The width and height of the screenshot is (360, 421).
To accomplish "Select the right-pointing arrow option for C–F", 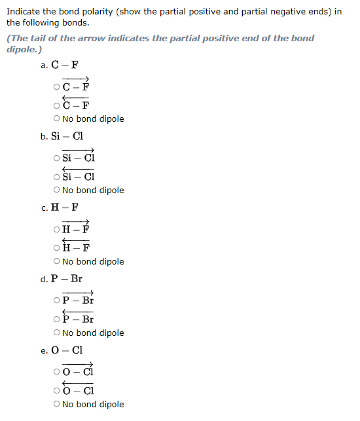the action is (x=58, y=86).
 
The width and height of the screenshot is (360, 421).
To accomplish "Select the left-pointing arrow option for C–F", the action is (x=58, y=105).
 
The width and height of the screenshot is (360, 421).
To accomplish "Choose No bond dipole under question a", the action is (x=58, y=119).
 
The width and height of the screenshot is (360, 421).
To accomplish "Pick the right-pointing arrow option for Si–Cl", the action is (x=58, y=158).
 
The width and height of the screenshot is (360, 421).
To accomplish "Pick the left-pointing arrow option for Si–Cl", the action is (x=58, y=176).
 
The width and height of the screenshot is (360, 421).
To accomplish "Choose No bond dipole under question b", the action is (x=58, y=190).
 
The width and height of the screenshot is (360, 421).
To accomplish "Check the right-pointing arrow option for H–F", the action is (x=58, y=229).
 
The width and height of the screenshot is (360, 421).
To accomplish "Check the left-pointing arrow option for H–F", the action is (x=58, y=247).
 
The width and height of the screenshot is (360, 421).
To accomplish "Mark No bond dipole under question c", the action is (x=58, y=261).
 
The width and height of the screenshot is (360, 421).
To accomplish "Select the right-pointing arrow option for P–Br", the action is (x=58, y=301).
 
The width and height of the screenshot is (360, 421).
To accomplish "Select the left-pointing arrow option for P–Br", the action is (x=58, y=319).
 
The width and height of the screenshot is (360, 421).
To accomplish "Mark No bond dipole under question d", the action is (x=58, y=333).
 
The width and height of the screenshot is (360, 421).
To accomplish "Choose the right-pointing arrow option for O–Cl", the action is (x=58, y=372).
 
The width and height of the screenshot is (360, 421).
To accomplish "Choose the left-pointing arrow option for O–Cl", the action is (x=58, y=390).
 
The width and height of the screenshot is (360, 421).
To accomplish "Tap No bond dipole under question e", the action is (x=58, y=404).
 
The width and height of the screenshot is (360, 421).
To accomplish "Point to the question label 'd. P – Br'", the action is (x=61, y=279).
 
